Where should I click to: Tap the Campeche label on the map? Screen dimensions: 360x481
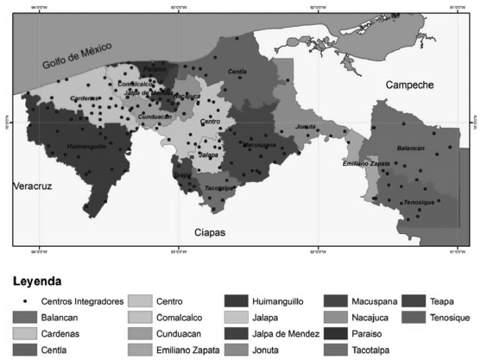click(x=409, y=84)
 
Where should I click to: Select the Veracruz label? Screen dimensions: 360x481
click(x=34, y=186)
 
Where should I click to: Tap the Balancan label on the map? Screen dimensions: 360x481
click(x=410, y=148)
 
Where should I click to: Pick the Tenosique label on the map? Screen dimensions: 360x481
click(x=419, y=201)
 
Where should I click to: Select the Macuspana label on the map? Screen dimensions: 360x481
click(x=259, y=145)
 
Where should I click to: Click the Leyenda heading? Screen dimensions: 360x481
click(x=38, y=281)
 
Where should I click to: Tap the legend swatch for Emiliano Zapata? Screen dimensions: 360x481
click(x=141, y=350)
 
